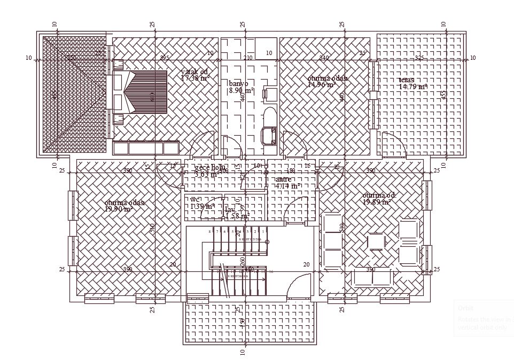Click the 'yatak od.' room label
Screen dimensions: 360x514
point(194,72)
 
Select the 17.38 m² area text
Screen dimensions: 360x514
point(195,79)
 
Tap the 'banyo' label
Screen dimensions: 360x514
point(238,84)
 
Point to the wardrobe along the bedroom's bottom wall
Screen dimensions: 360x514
point(146,148)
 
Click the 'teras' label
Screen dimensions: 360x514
point(406,80)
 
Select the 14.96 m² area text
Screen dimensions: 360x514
point(321,84)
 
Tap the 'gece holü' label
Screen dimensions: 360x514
point(210,168)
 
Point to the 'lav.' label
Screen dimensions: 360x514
point(230,210)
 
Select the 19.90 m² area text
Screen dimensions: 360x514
point(118,209)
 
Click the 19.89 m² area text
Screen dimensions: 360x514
point(377,202)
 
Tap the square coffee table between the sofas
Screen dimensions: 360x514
point(376,242)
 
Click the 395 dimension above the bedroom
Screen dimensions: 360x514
point(165,58)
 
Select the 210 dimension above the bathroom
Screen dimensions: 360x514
point(248,58)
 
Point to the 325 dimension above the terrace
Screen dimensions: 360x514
point(419,58)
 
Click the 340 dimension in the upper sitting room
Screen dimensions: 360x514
point(324,58)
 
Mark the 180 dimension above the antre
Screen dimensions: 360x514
point(291,170)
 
